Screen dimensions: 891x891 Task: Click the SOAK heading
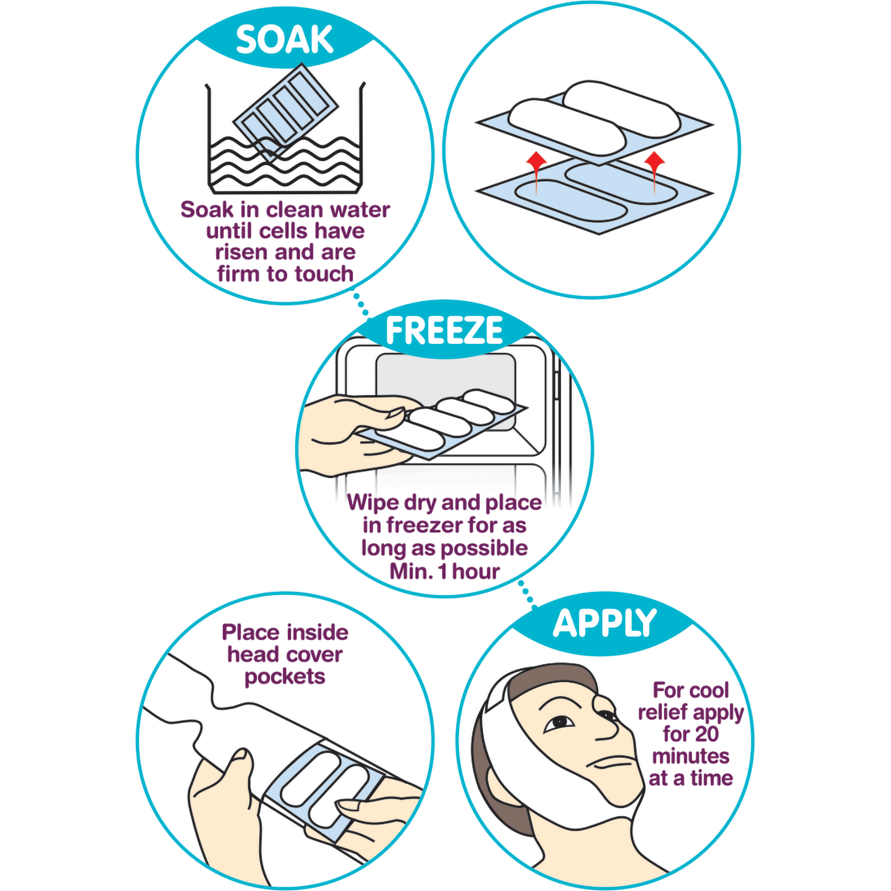(284, 39)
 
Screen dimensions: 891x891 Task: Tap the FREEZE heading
(444, 330)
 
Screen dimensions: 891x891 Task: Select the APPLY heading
(604, 624)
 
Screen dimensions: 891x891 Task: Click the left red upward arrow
(536, 173)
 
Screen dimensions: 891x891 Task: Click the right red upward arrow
(654, 173)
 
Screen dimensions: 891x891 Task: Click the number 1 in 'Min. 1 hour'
(443, 572)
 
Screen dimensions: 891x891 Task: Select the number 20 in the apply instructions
(705, 734)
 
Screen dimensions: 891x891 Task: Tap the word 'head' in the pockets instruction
(252, 654)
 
